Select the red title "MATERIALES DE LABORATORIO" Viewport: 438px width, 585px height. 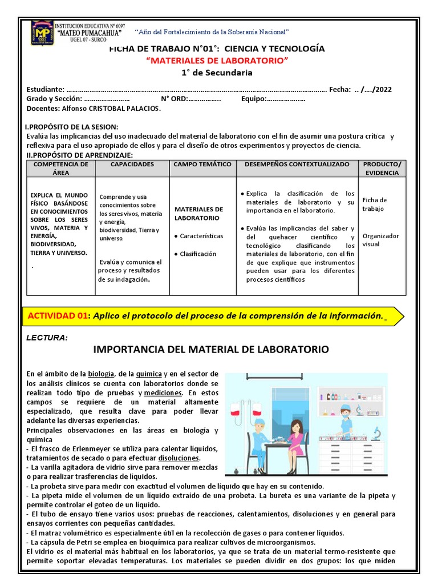click(217, 61)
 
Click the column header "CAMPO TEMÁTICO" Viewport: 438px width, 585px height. click(202, 165)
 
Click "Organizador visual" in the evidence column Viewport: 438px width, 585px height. click(380, 240)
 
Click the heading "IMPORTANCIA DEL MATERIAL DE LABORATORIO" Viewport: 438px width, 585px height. click(210, 349)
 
